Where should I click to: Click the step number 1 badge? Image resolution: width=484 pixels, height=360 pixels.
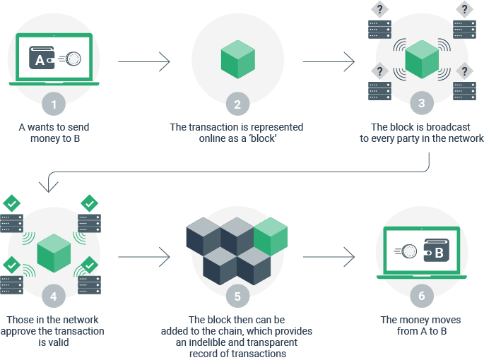click(54, 105)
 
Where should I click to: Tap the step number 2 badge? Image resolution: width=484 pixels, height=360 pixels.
click(237, 105)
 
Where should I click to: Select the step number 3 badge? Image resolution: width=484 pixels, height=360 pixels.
click(422, 103)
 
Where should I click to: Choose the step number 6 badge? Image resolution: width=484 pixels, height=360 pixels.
click(422, 295)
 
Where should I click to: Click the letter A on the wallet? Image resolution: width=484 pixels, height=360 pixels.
click(41, 61)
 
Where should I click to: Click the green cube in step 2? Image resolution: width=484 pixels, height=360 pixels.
click(237, 60)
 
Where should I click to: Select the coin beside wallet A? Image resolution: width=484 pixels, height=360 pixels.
click(71, 60)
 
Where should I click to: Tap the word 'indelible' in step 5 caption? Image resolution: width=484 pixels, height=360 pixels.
click(211, 342)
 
